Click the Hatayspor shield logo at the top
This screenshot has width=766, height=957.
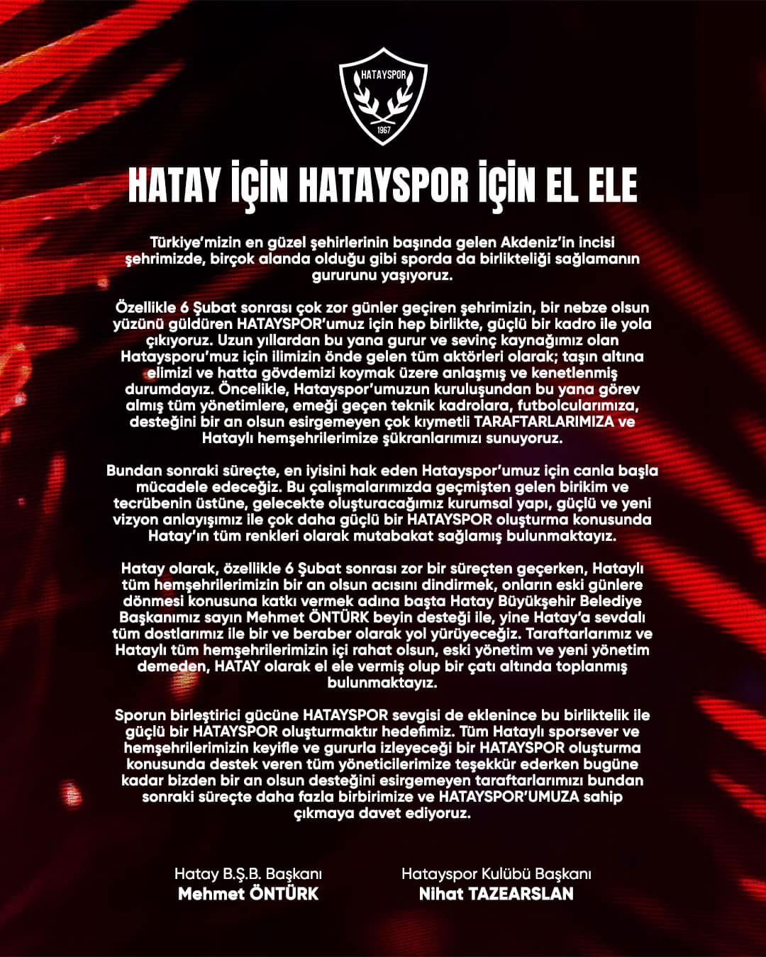click(x=383, y=95)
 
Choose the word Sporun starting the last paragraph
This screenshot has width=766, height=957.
click(x=139, y=715)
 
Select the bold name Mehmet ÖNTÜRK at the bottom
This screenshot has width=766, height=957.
click(x=248, y=893)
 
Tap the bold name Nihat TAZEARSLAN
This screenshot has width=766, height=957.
click(x=496, y=893)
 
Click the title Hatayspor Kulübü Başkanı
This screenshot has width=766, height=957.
click(x=496, y=874)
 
